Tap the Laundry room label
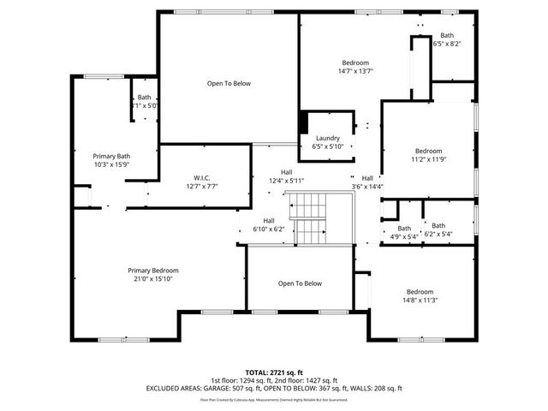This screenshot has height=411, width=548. click(x=328, y=138)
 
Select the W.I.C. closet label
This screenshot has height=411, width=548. click(x=202, y=177)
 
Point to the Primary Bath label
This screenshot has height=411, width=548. click(x=110, y=156)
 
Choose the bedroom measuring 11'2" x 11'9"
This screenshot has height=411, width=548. click(x=428, y=151)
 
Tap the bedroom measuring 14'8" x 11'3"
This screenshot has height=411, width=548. click(x=420, y=291)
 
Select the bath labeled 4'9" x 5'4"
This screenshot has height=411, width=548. click(x=404, y=229)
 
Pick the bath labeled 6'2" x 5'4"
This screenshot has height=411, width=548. click(x=438, y=225)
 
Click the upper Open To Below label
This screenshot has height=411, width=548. click(x=229, y=83)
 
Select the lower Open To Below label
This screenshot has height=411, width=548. click(x=300, y=283)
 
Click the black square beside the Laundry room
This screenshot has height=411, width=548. click(x=303, y=122)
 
